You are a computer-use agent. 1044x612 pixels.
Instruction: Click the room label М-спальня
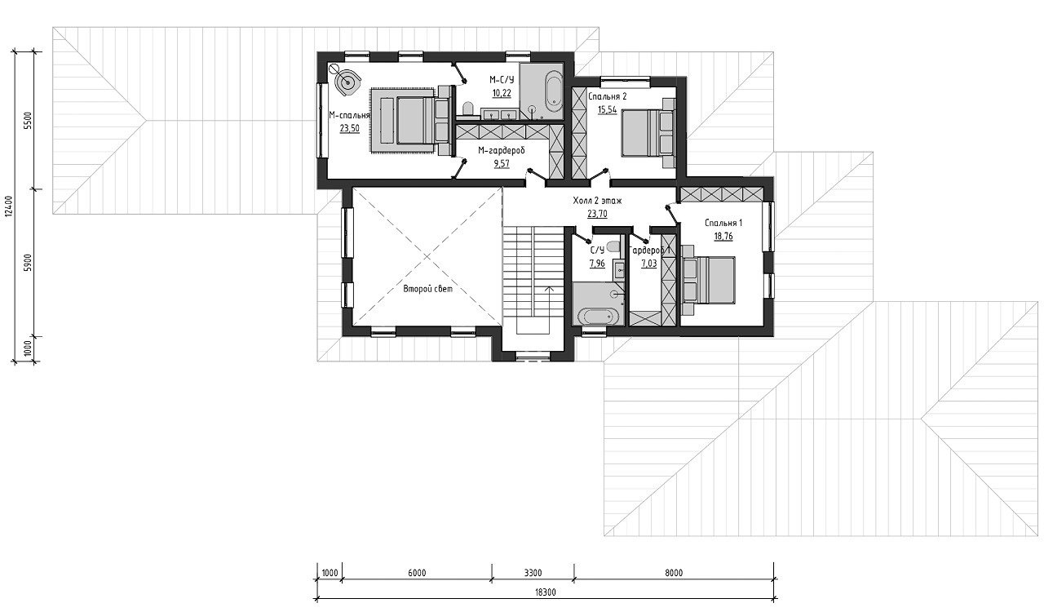coord(350,116)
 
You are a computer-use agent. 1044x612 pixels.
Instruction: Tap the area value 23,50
coord(350,128)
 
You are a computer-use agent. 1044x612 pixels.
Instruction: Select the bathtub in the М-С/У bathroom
coord(554,93)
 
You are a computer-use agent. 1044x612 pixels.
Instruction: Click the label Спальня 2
coord(608,96)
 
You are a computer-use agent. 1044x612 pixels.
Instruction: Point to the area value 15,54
coord(608,109)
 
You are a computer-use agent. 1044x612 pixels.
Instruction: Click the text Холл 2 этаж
coord(597,201)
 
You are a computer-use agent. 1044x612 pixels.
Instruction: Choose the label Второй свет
coord(428,289)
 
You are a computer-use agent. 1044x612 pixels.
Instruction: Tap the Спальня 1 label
coord(723,223)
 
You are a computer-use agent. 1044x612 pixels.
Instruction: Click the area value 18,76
coord(723,236)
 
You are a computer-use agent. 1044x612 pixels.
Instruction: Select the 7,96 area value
coord(597,263)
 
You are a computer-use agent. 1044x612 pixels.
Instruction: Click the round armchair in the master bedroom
coord(347,83)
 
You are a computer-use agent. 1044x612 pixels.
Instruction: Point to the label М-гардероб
coord(502,151)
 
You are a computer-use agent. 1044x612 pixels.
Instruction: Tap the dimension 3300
coord(533,573)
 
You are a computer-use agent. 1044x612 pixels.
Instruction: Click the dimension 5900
coord(28,263)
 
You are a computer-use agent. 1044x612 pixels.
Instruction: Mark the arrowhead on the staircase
coord(550,289)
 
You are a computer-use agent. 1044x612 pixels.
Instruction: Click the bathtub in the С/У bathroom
coord(599,317)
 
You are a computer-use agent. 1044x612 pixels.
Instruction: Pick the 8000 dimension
coord(674,573)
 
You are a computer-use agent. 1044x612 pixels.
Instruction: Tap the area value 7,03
coord(648,263)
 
